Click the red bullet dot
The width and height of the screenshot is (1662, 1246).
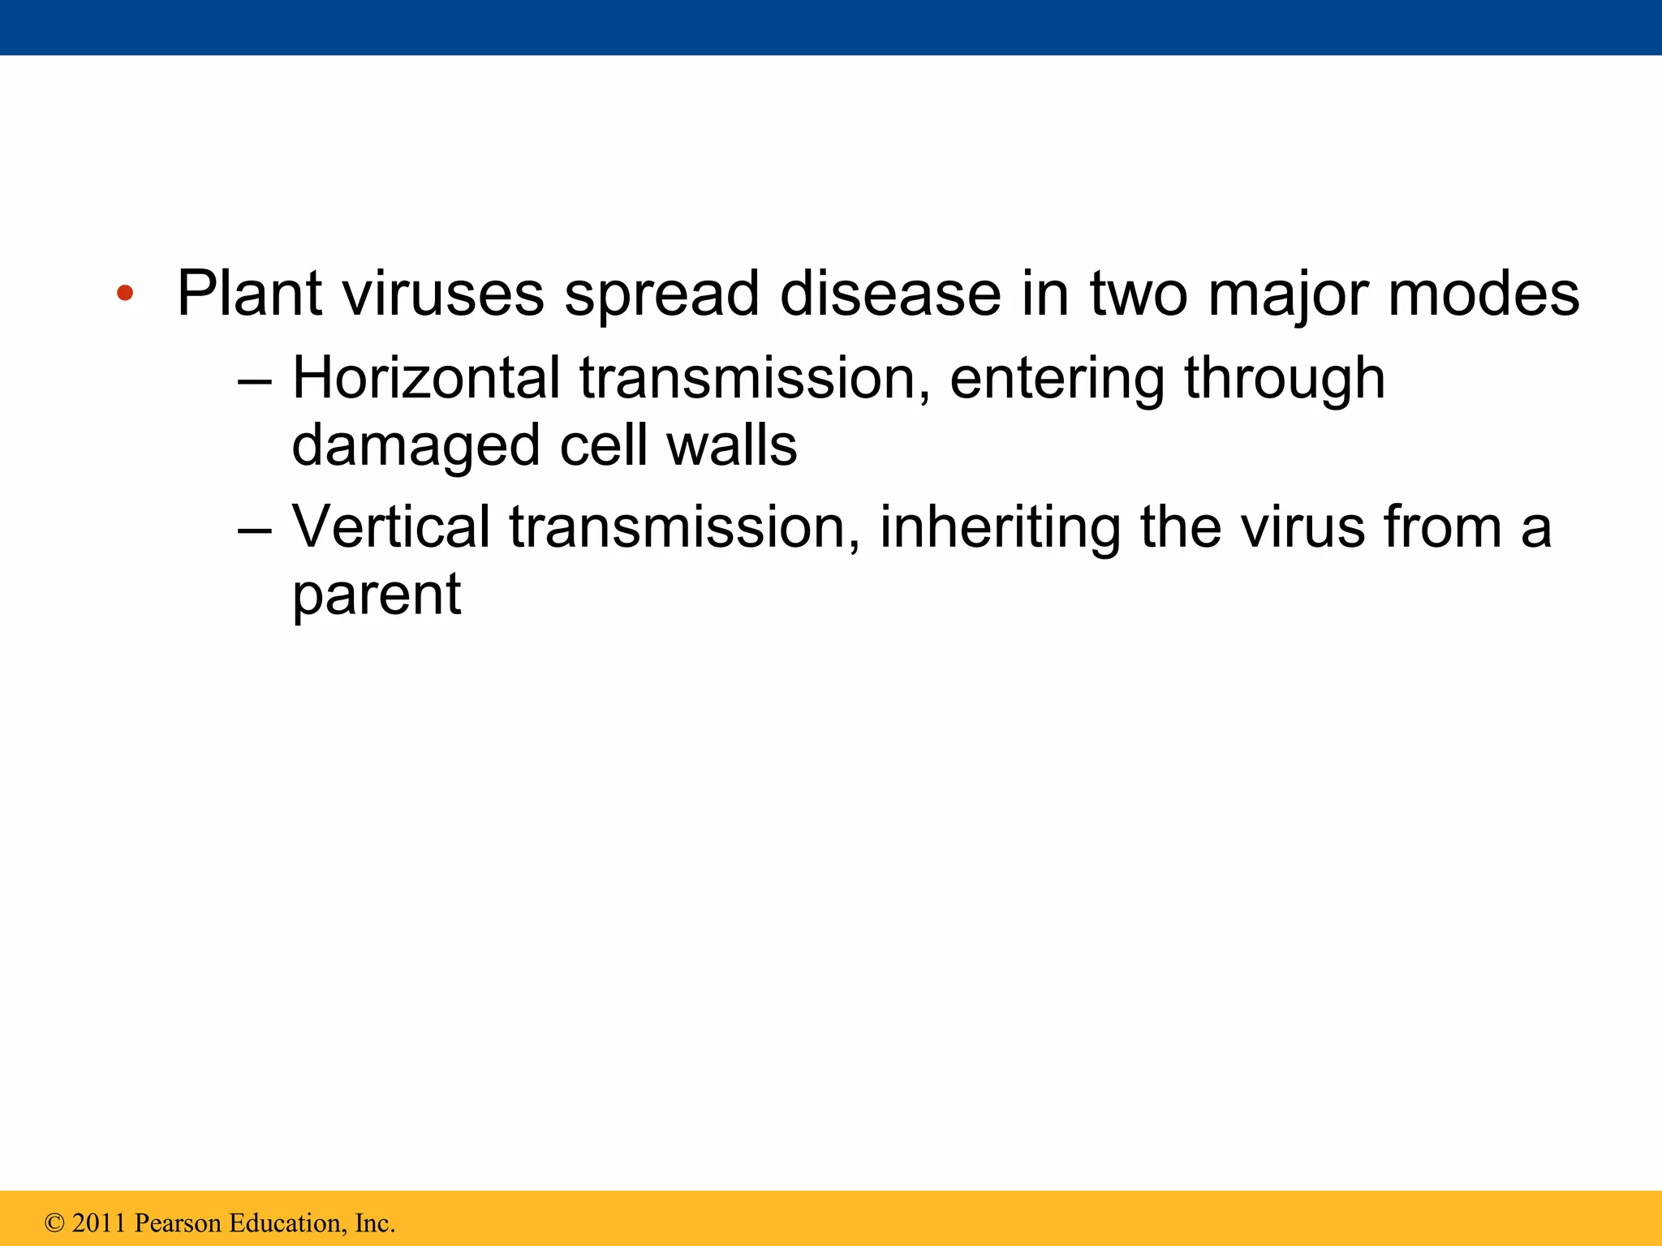pyautogui.click(x=124, y=294)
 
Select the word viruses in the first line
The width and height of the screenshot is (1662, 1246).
pyautogui.click(x=443, y=294)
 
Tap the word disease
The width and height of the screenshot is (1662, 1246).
pyautogui.click(x=890, y=294)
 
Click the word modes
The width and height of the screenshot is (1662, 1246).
pyautogui.click(x=1483, y=294)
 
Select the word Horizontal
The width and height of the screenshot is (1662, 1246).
pyautogui.click(x=426, y=378)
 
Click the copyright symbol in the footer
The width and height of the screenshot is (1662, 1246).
pyautogui.click(x=54, y=1222)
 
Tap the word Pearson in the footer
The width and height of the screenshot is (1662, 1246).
pyautogui.click(x=177, y=1222)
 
